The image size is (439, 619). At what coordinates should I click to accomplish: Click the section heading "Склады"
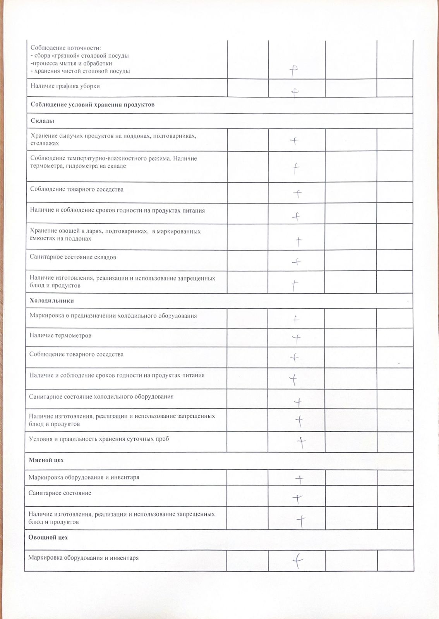click(x=42, y=121)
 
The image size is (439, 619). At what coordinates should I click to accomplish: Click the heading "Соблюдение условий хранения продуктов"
click(x=93, y=105)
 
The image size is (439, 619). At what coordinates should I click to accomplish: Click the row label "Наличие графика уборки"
click(x=65, y=86)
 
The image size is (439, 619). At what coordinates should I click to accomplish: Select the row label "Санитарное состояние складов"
click(x=73, y=257)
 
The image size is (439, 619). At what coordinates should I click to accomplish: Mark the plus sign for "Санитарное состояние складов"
click(x=296, y=262)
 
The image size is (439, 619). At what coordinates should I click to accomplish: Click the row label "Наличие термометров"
click(x=60, y=335)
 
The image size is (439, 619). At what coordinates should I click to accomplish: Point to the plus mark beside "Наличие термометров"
click(x=296, y=339)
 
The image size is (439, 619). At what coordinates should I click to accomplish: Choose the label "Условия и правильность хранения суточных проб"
click(x=99, y=439)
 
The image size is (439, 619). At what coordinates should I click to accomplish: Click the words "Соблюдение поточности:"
click(x=66, y=48)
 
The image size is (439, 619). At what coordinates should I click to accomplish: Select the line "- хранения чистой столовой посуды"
click(x=80, y=71)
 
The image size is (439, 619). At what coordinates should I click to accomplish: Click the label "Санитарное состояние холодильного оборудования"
click(x=101, y=397)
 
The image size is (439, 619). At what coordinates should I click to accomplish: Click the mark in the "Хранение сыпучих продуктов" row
click(x=295, y=141)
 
